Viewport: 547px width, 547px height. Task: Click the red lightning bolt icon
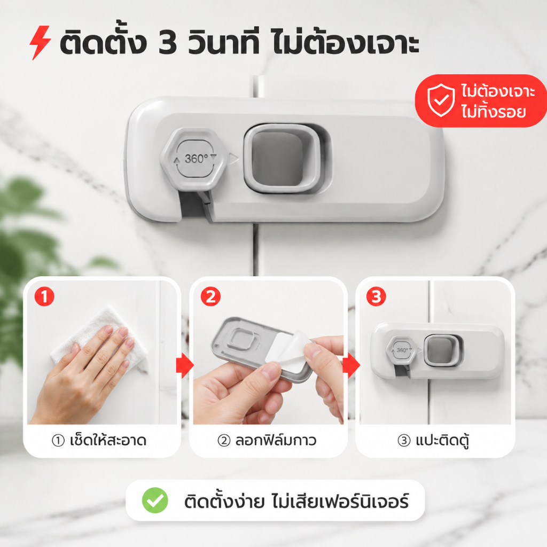(x=40, y=42)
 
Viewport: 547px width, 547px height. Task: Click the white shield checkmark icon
(x=441, y=100)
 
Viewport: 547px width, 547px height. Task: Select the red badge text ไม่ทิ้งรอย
(x=493, y=112)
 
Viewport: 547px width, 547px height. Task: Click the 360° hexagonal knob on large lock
(x=194, y=159)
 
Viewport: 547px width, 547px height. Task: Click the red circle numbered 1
(x=44, y=296)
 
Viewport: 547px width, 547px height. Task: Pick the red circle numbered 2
(x=210, y=296)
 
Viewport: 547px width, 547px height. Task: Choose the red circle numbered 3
(x=376, y=296)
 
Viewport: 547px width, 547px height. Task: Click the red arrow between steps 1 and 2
(x=185, y=365)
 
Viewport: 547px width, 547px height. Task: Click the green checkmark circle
(x=155, y=500)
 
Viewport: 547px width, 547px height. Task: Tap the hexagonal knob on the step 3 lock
(x=401, y=350)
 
